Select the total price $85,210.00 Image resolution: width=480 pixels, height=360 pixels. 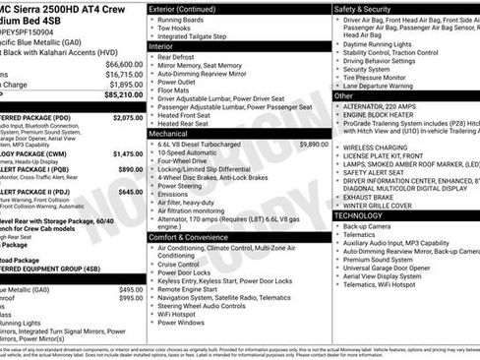(x=121, y=95)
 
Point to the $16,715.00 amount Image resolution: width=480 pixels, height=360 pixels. (x=123, y=73)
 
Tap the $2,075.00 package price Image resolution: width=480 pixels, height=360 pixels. (x=128, y=117)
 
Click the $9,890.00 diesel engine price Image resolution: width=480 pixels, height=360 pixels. (x=310, y=144)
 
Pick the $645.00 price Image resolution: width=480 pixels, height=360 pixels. (x=131, y=192)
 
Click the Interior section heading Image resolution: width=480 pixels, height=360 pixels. (x=163, y=45)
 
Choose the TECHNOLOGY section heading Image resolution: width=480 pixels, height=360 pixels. (x=358, y=214)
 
